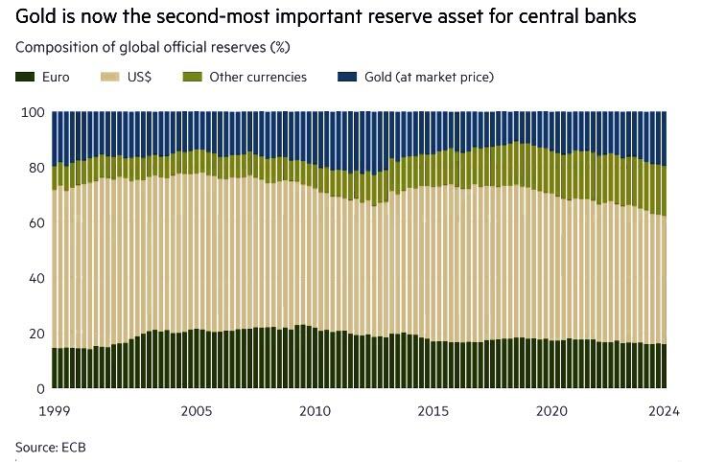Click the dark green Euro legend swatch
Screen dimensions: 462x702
point(23,77)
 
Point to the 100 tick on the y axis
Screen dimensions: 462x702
point(34,112)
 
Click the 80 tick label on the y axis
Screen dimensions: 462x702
point(36,168)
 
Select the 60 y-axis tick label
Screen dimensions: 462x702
point(36,223)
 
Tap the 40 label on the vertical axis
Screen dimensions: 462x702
point(36,279)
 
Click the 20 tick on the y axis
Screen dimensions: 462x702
point(36,334)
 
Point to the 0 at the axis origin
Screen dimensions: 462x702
point(40,389)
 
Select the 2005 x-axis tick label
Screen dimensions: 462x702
point(197,411)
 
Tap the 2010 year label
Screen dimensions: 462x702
point(316,411)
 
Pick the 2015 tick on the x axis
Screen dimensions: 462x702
point(434,411)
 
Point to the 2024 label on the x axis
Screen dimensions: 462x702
point(663,411)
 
